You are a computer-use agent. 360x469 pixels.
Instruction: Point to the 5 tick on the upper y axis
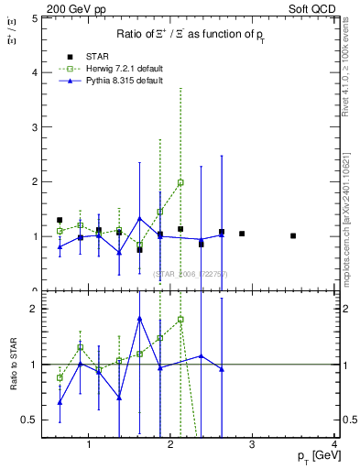34,17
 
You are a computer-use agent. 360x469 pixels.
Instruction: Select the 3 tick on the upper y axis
34,126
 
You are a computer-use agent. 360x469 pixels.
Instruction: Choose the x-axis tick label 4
335,445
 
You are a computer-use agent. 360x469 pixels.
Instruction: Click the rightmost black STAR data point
293,235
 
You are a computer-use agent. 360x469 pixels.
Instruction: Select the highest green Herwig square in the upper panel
180,182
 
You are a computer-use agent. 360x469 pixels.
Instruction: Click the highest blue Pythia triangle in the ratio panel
139,319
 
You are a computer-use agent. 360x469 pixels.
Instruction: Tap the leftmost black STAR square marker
60,220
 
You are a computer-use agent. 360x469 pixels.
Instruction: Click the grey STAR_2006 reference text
190,274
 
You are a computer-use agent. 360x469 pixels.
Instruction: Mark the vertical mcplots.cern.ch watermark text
349,220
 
